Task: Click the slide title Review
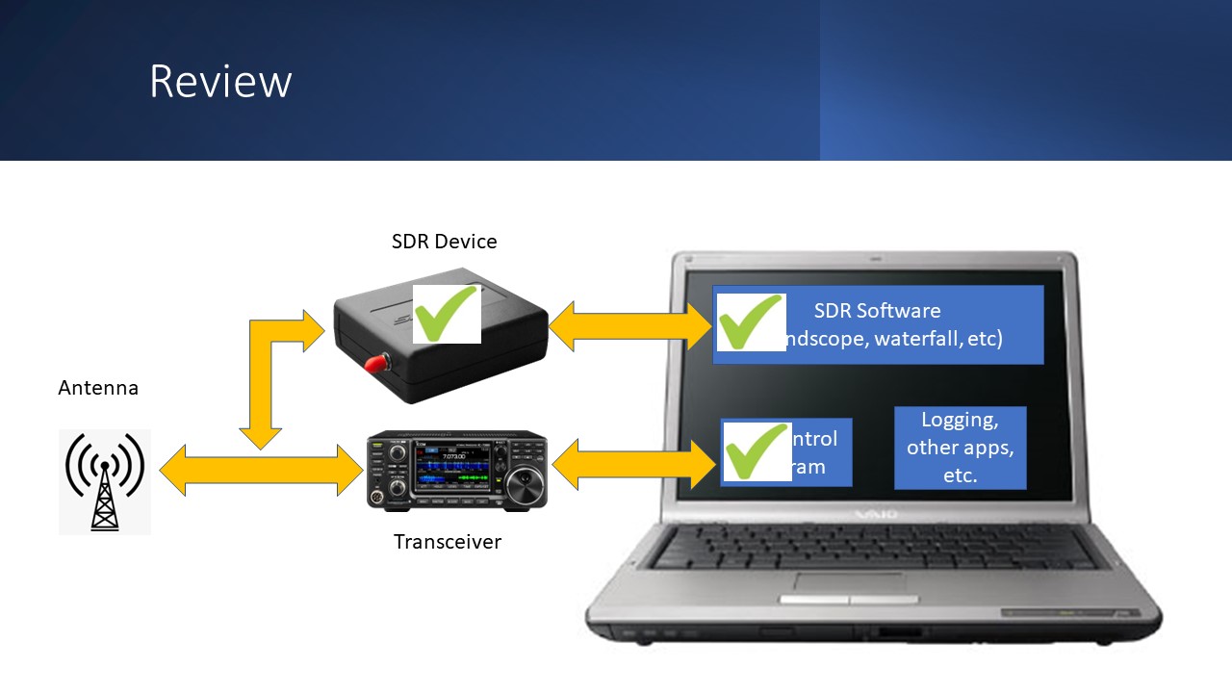220,82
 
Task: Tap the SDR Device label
444,242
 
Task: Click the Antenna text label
98,388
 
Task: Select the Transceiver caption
448,542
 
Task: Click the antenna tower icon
105,481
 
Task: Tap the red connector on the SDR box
374,363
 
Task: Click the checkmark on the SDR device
447,313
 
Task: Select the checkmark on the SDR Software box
751,322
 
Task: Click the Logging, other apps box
960,448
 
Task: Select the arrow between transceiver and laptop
635,465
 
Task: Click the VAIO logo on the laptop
876,515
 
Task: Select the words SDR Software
877,311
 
